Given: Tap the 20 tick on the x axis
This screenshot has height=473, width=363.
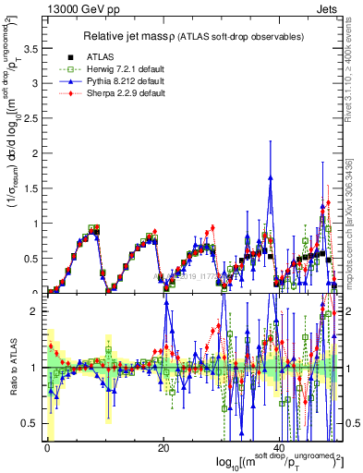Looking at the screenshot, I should (x=163, y=448).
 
